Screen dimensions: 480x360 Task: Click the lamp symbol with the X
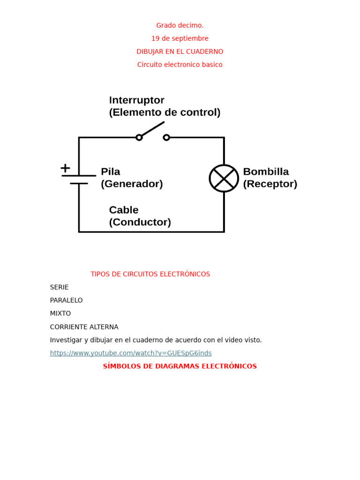pyautogui.click(x=224, y=178)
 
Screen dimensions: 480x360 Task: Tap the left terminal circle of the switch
pyautogui.click(x=139, y=137)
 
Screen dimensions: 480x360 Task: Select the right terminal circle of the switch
pyautogui.click(x=166, y=137)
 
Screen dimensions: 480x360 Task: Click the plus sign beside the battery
pyautogui.click(x=65, y=167)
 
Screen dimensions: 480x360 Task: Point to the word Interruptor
pyautogui.click(x=136, y=100)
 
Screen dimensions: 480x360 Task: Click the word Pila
pyautogui.click(x=111, y=172)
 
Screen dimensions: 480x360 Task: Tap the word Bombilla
pyautogui.click(x=266, y=172)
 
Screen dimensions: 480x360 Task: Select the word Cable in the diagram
pyautogui.click(x=124, y=210)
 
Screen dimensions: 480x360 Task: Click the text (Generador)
pyautogui.click(x=132, y=184)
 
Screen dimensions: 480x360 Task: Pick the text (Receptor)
pyautogui.click(x=270, y=184)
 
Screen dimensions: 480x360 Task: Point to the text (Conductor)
pyautogui.click(x=140, y=222)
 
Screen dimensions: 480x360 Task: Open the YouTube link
pyautogui.click(x=131, y=353)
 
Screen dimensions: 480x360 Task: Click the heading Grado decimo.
pyautogui.click(x=180, y=25)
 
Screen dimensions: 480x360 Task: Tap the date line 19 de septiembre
pyautogui.click(x=180, y=38)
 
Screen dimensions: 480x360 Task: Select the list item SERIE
pyautogui.click(x=59, y=287)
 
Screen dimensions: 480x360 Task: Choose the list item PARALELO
pyautogui.click(x=66, y=300)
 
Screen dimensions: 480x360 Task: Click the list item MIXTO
pyautogui.click(x=60, y=314)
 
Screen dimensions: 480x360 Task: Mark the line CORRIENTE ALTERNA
pyautogui.click(x=84, y=327)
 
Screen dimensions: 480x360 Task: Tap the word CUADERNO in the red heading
pyautogui.click(x=206, y=52)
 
